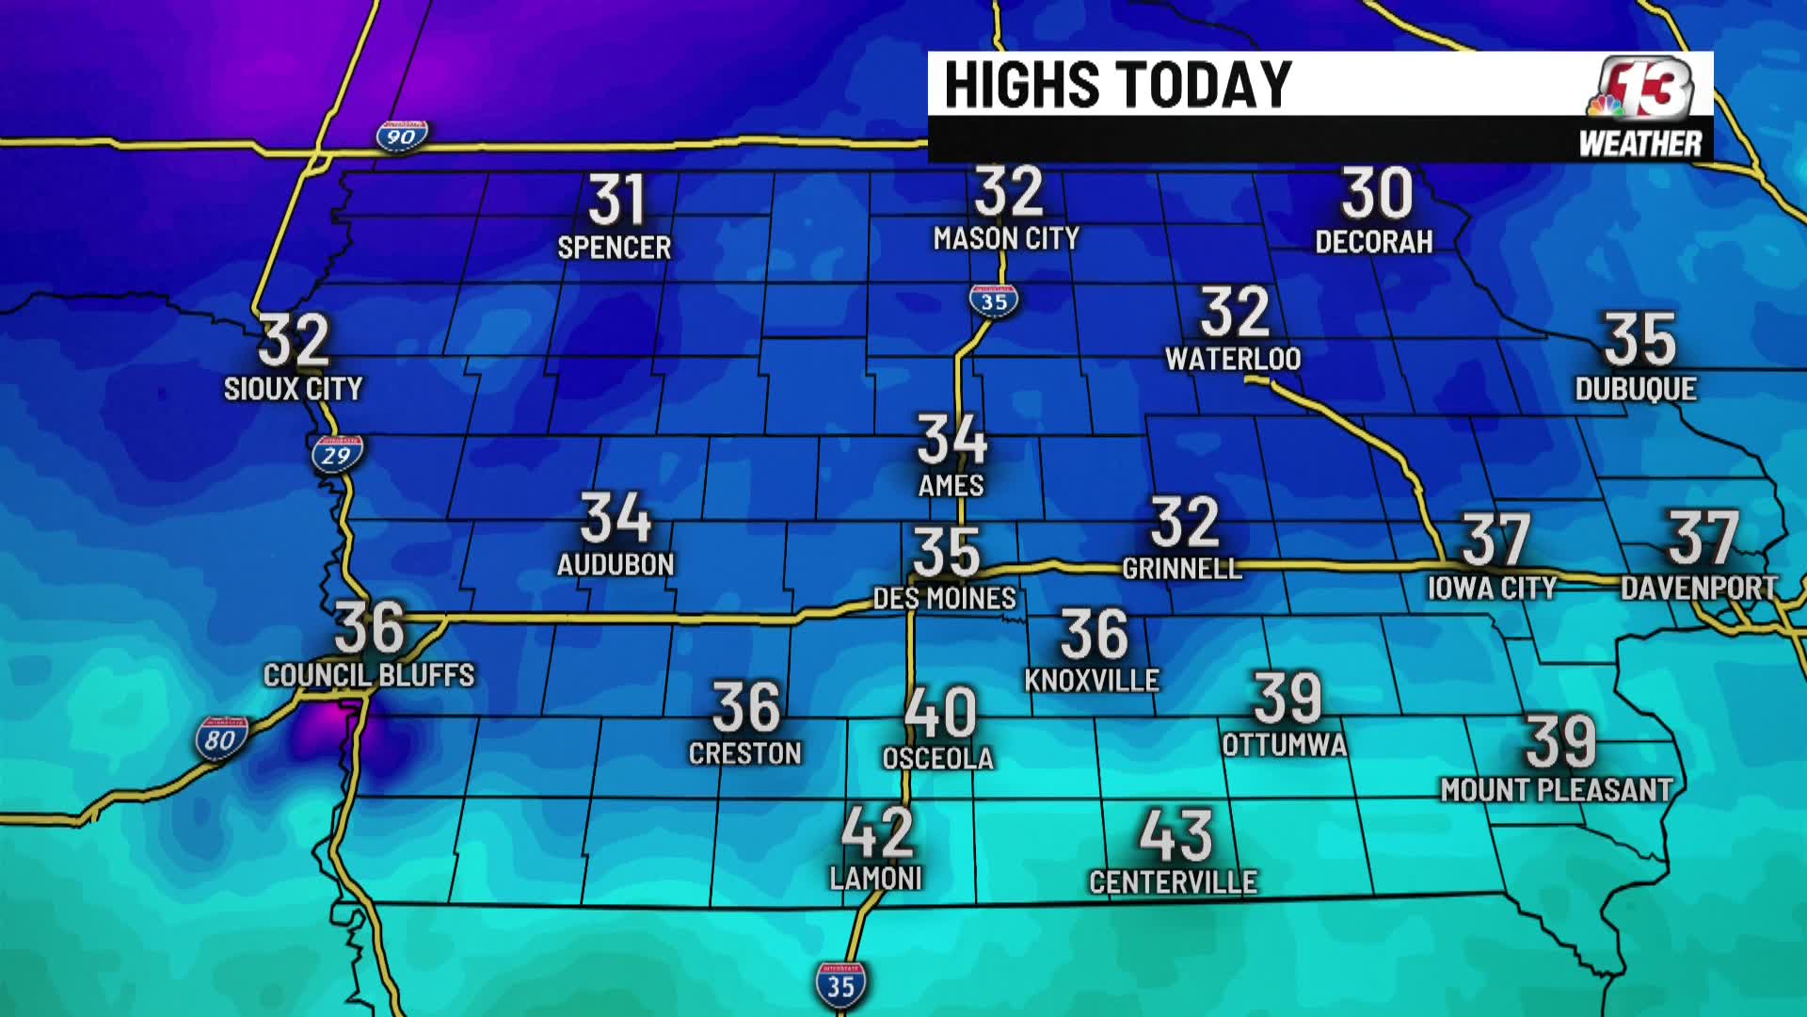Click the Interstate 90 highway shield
[402, 137]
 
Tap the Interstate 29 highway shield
[337, 455]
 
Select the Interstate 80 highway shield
[221, 739]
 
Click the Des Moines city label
[944, 598]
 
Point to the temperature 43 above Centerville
[1175, 835]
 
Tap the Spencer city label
[615, 248]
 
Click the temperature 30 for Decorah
[1376, 193]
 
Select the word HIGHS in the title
[1021, 85]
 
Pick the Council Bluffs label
[369, 675]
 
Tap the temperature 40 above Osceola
[939, 713]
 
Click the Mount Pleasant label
[1557, 790]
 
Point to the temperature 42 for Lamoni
[877, 831]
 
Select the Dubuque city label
[1636, 389]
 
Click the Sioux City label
[293, 388]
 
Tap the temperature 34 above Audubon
[616, 518]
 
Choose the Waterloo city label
[1233, 359]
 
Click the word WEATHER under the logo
[1639, 144]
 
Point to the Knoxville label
[1092, 680]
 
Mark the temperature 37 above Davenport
[1703, 538]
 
